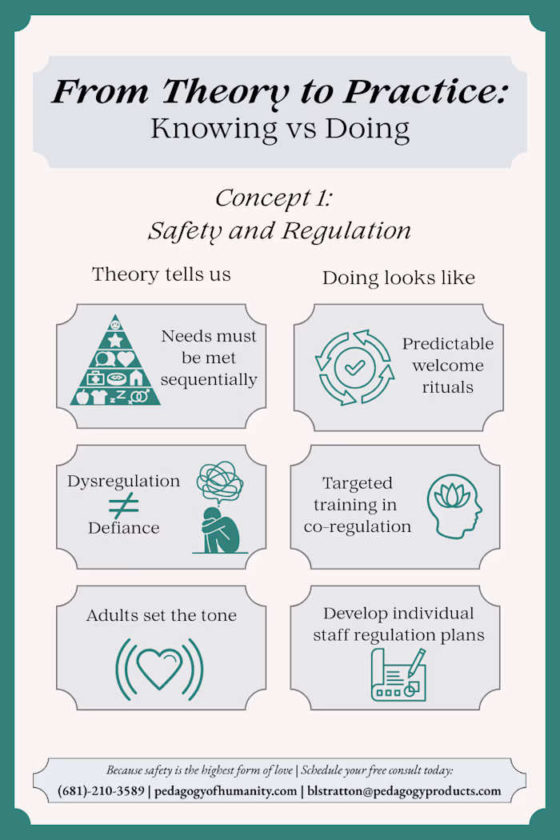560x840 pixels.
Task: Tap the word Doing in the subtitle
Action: (x=368, y=129)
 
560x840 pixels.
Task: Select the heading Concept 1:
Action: (x=274, y=198)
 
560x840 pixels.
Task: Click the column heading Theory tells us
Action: (x=162, y=274)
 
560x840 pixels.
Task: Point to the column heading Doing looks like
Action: (x=398, y=278)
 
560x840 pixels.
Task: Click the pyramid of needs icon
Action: (x=115, y=360)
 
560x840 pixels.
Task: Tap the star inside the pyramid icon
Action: (x=115, y=340)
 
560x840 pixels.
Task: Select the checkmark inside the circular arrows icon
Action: (x=354, y=367)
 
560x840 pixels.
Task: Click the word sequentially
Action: (x=209, y=380)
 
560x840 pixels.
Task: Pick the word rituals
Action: (x=448, y=387)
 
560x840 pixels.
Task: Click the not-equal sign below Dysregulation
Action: (x=124, y=505)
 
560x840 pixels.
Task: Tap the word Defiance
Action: (x=124, y=528)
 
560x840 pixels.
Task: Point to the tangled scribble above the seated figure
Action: (x=220, y=481)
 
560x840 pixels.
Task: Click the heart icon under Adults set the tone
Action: (x=160, y=667)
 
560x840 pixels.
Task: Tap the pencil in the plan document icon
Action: (x=416, y=662)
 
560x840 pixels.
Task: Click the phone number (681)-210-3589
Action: (x=102, y=791)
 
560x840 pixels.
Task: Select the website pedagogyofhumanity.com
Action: (x=226, y=791)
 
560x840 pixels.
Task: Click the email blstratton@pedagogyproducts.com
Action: (x=404, y=791)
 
